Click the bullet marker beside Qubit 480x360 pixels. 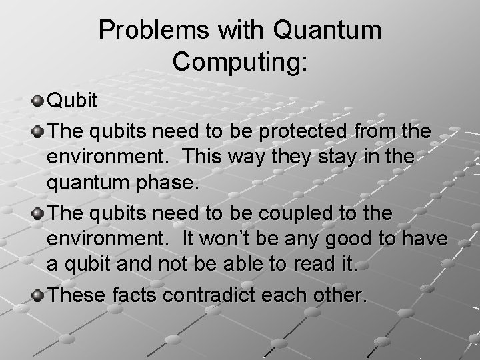point(37,101)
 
